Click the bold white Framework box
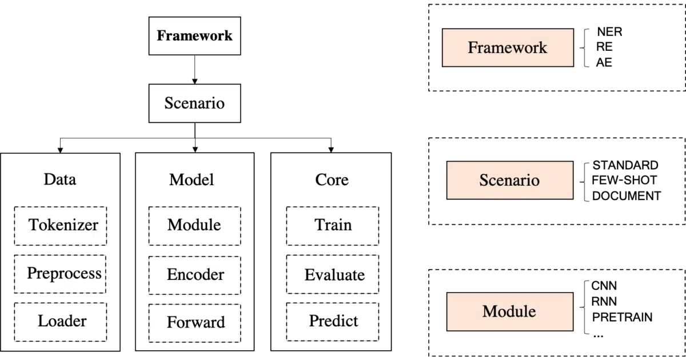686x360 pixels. click(x=195, y=36)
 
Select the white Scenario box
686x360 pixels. click(x=195, y=103)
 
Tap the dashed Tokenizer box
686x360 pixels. click(x=61, y=226)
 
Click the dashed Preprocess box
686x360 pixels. click(x=60, y=274)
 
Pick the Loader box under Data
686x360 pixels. click(x=61, y=322)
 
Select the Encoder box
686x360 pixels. click(x=195, y=275)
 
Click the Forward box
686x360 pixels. click(x=195, y=323)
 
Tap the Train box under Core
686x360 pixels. click(x=333, y=226)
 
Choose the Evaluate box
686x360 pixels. click(x=333, y=274)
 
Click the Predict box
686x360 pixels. click(x=333, y=322)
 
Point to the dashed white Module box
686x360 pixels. click(x=195, y=226)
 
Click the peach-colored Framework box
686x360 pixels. click(x=508, y=47)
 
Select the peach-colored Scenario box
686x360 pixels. click(x=510, y=181)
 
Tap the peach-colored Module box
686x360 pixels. click(x=510, y=311)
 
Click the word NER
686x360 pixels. click(x=609, y=31)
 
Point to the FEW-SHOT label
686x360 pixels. click(x=624, y=180)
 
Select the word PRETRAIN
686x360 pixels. click(x=623, y=317)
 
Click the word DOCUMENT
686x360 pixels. click(x=627, y=196)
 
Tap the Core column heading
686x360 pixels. click(x=332, y=179)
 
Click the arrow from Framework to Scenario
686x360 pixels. click(x=195, y=70)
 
